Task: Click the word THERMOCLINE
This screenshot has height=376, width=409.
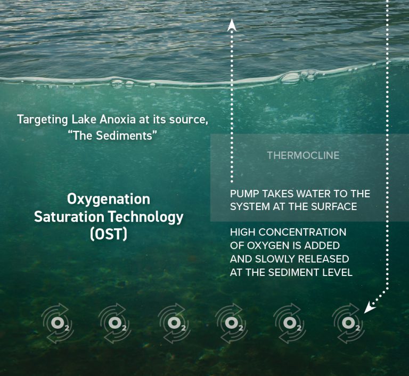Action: click(x=303, y=156)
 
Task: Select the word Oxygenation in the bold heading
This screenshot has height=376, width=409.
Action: click(x=109, y=199)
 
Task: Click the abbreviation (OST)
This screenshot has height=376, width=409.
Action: click(x=109, y=233)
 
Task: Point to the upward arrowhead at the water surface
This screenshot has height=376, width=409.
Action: click(x=232, y=24)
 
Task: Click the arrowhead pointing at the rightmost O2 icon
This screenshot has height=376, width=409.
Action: click(x=369, y=307)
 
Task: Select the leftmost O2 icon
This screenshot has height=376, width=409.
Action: click(x=57, y=323)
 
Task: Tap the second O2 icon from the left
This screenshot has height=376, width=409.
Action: click(x=114, y=323)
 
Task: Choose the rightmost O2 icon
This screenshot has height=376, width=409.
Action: click(x=349, y=323)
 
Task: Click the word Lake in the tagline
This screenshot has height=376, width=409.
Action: click(x=78, y=119)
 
